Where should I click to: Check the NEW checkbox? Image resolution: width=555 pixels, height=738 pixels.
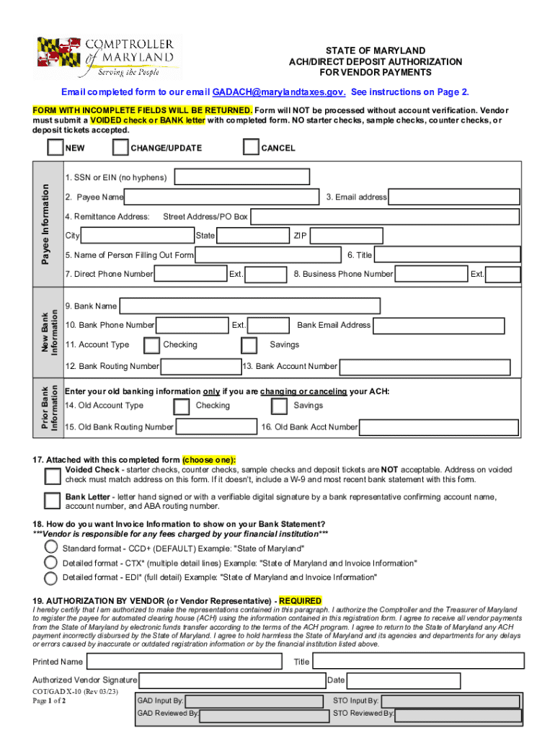[x=55, y=148]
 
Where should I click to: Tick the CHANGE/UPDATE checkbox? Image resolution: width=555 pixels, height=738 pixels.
[x=120, y=148]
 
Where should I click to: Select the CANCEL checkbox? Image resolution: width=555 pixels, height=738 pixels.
[x=251, y=148]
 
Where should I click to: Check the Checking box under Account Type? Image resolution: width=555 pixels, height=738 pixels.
[x=151, y=345]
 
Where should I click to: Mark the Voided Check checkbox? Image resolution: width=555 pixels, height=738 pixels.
[x=53, y=476]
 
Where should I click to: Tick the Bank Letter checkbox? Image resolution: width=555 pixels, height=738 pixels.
[x=53, y=501]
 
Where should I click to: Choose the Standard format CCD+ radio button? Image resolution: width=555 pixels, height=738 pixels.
[x=51, y=547]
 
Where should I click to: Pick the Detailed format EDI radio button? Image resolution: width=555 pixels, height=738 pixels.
[x=51, y=578]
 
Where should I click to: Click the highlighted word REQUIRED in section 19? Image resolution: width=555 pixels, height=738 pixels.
[x=301, y=601]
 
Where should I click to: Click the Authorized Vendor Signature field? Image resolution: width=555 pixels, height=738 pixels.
[x=231, y=680]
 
